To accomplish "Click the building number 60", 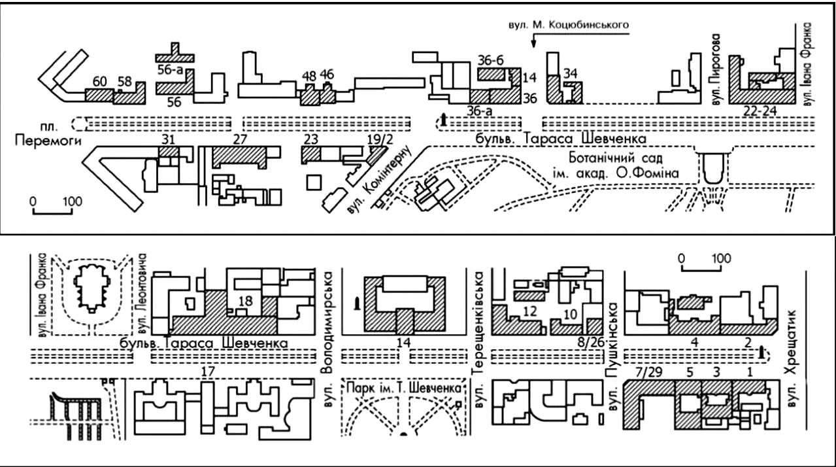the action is (99, 82).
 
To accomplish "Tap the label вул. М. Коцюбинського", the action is (569, 25).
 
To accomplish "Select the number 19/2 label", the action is (380, 140).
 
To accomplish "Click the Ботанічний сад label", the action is (616, 158).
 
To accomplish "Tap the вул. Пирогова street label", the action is (716, 69).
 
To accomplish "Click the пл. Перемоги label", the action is (48, 134).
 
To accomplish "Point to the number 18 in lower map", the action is (245, 301).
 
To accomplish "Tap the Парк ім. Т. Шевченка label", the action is (404, 388).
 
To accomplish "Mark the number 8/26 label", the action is (591, 342).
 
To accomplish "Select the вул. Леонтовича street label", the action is (143, 294).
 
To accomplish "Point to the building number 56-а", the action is (170, 70).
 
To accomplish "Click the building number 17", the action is (208, 372).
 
